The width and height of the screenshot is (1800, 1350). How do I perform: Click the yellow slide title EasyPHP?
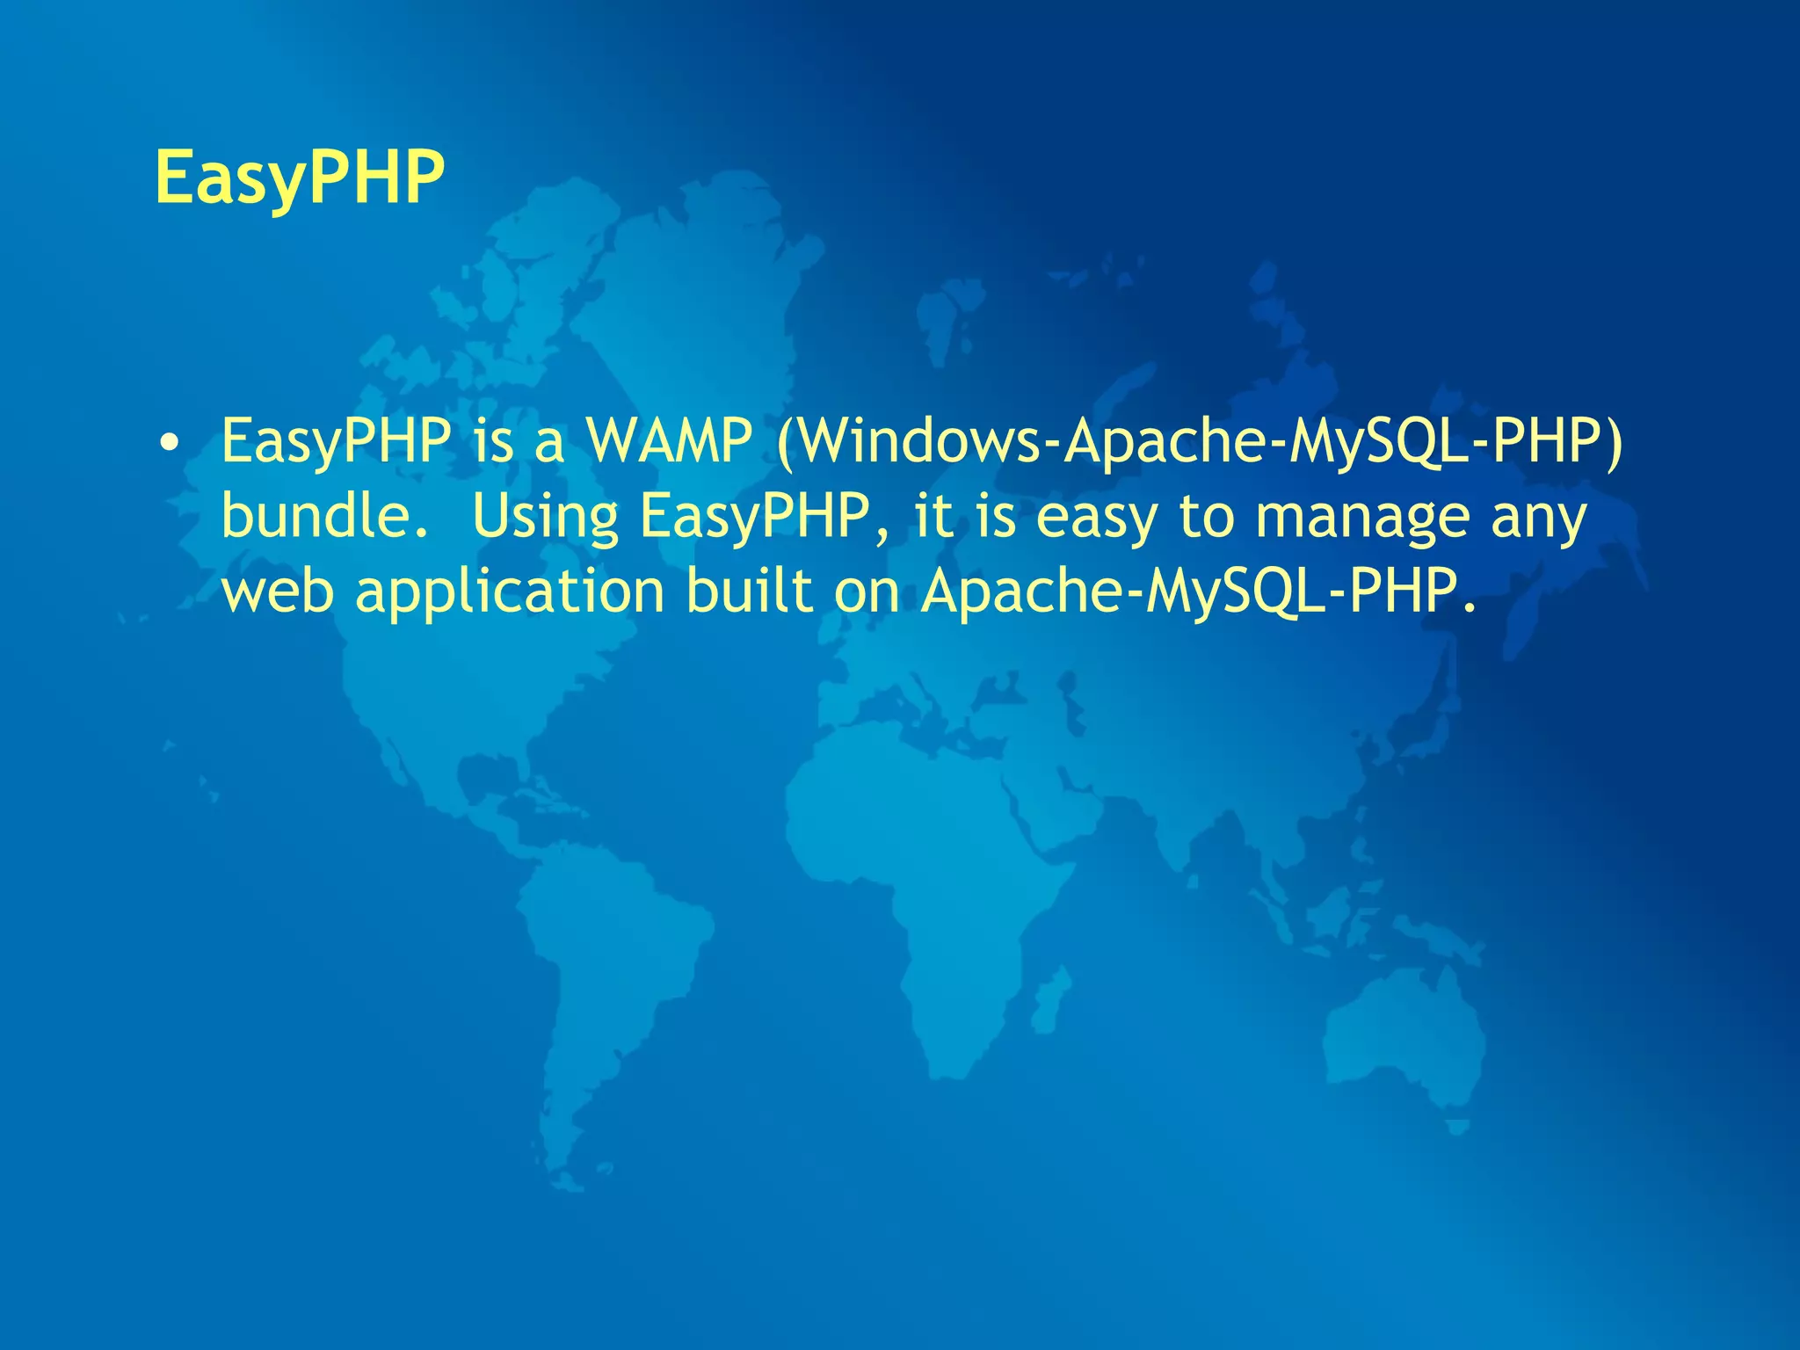300,178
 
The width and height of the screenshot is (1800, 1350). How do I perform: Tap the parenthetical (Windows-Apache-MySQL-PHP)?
1200,441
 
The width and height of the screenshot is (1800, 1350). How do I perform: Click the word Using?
545,517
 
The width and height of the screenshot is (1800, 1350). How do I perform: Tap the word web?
277,591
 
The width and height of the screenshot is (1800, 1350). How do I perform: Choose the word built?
749,591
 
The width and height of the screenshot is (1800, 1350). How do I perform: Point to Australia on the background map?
1397,1037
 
